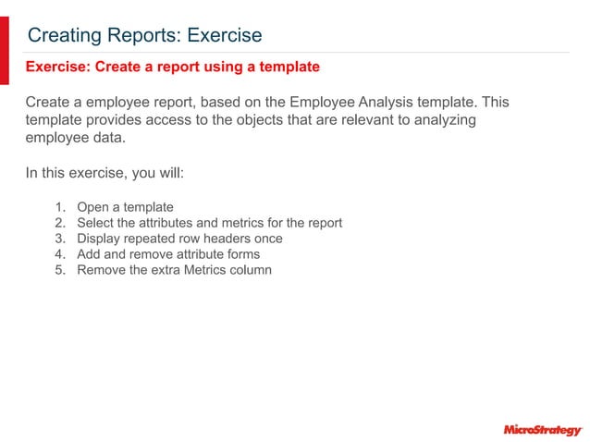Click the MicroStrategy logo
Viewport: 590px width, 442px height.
pos(542,429)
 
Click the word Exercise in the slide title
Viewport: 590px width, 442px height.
pos(225,35)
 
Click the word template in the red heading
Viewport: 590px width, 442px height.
pos(287,67)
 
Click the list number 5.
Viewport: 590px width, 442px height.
pos(59,270)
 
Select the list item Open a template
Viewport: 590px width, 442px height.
pos(125,207)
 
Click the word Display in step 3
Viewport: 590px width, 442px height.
pos(100,239)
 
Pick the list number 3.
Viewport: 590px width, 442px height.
pos(59,239)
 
